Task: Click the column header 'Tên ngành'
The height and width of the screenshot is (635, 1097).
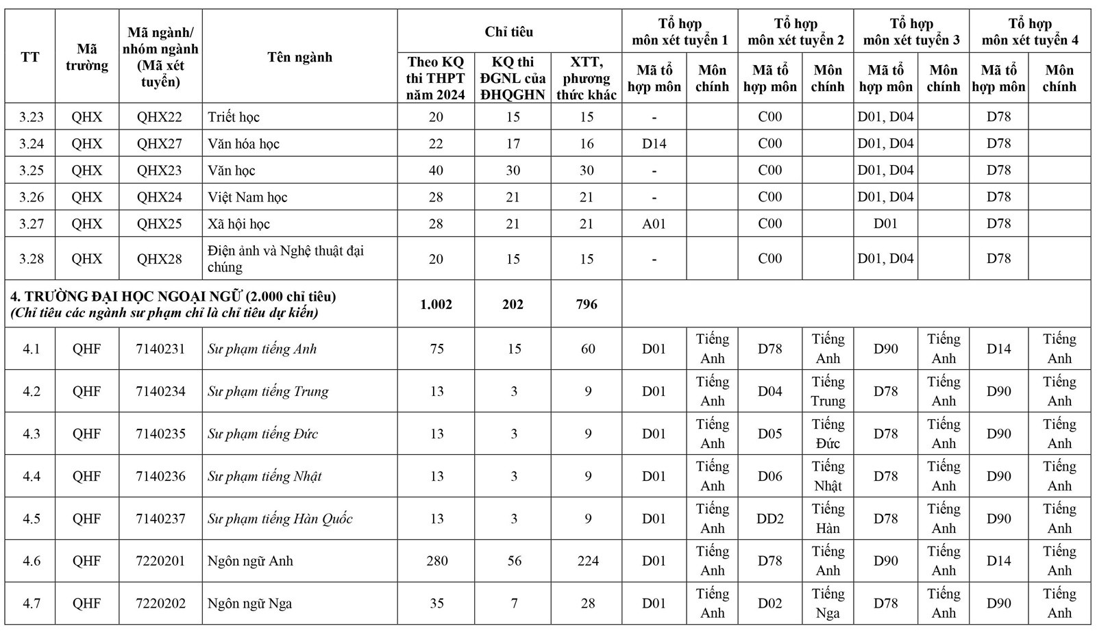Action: (x=299, y=58)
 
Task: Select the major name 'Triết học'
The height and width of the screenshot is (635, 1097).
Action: (x=234, y=117)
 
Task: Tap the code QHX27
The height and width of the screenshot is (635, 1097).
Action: (x=160, y=144)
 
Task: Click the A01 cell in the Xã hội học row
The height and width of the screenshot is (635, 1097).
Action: (x=654, y=224)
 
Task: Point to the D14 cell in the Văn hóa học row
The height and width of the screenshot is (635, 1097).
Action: (x=654, y=144)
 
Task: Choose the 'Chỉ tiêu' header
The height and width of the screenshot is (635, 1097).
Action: (x=508, y=32)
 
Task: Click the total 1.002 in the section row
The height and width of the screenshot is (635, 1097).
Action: (x=436, y=304)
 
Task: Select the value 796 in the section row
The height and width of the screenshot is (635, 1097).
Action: (x=587, y=304)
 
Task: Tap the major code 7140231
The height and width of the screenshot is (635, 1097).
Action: (x=160, y=349)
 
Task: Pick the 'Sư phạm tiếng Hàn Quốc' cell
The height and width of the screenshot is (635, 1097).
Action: (x=280, y=519)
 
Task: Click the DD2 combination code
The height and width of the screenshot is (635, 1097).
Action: (x=769, y=519)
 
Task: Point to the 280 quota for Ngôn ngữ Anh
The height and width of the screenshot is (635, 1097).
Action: (x=436, y=561)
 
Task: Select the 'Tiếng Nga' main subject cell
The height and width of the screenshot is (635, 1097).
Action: (x=828, y=603)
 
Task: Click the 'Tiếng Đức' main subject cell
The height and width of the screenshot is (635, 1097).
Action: (x=828, y=434)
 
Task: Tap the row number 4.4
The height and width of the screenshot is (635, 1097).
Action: (x=32, y=476)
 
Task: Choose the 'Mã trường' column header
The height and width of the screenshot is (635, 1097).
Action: (x=87, y=58)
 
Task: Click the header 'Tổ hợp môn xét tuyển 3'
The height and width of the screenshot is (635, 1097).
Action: (x=911, y=32)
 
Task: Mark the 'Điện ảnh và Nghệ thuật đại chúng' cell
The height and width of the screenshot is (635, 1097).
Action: (x=286, y=259)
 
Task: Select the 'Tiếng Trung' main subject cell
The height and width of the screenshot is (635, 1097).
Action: (x=828, y=391)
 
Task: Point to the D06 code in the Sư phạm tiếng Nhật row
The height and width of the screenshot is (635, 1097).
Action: (x=769, y=476)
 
